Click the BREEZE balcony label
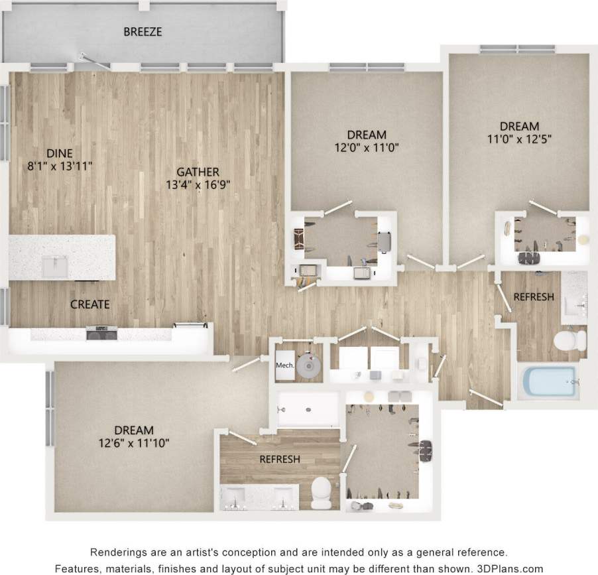coord(143,31)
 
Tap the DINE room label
coord(64,153)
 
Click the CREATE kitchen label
coord(90,304)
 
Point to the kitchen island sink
coord(54,267)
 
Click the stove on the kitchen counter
coord(101,332)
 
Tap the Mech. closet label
coord(285,365)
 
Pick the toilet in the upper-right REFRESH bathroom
coord(568,340)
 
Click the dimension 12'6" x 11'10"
coord(133,443)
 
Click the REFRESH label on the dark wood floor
coord(279,459)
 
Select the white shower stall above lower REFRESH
coord(308,409)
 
